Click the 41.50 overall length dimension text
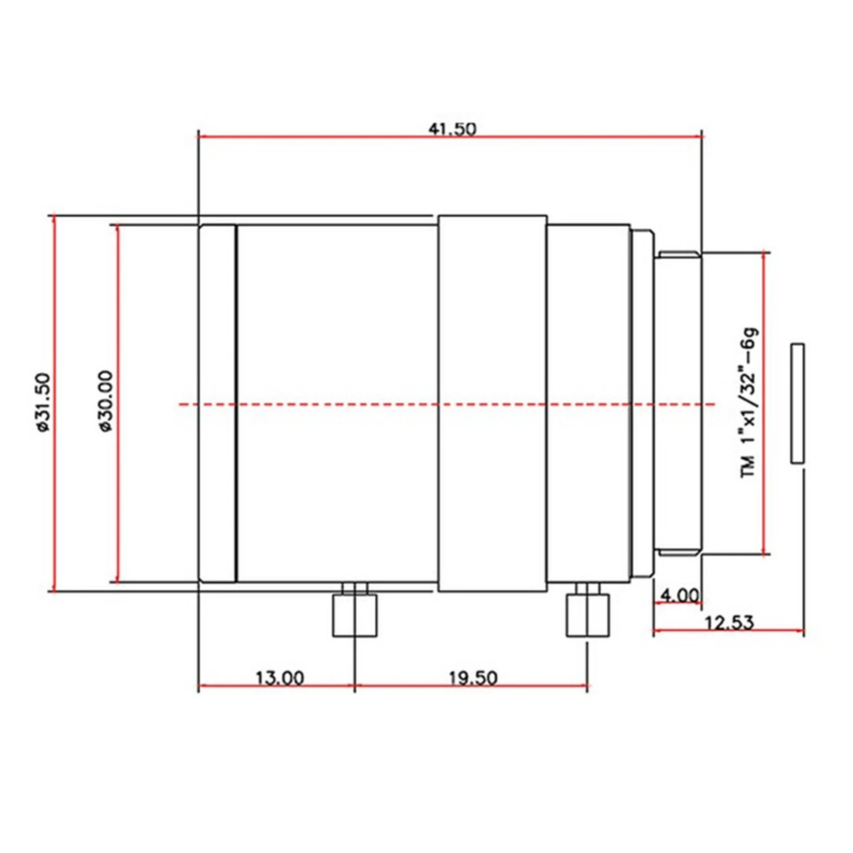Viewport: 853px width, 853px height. pos(452,129)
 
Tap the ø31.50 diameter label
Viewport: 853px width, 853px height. pos(44,402)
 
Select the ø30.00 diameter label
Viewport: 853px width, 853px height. pos(106,402)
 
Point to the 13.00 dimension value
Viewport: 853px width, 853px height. pos(279,678)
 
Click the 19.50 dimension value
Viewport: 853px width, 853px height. pos(473,678)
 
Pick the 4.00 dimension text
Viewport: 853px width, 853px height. pos(679,596)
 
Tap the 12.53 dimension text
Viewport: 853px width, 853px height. pos(729,623)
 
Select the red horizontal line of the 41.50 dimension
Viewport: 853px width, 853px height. pos(326,136)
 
